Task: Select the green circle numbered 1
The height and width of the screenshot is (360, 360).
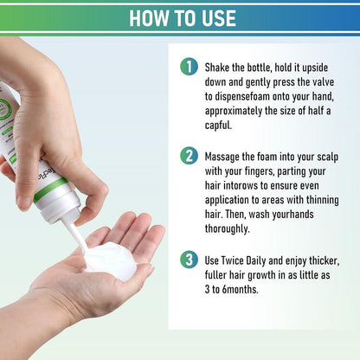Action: click(x=189, y=67)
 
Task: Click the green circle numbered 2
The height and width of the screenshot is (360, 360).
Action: click(x=189, y=157)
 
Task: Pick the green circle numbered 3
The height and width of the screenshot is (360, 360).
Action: click(x=189, y=258)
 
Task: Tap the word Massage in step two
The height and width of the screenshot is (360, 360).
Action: click(x=230, y=157)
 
